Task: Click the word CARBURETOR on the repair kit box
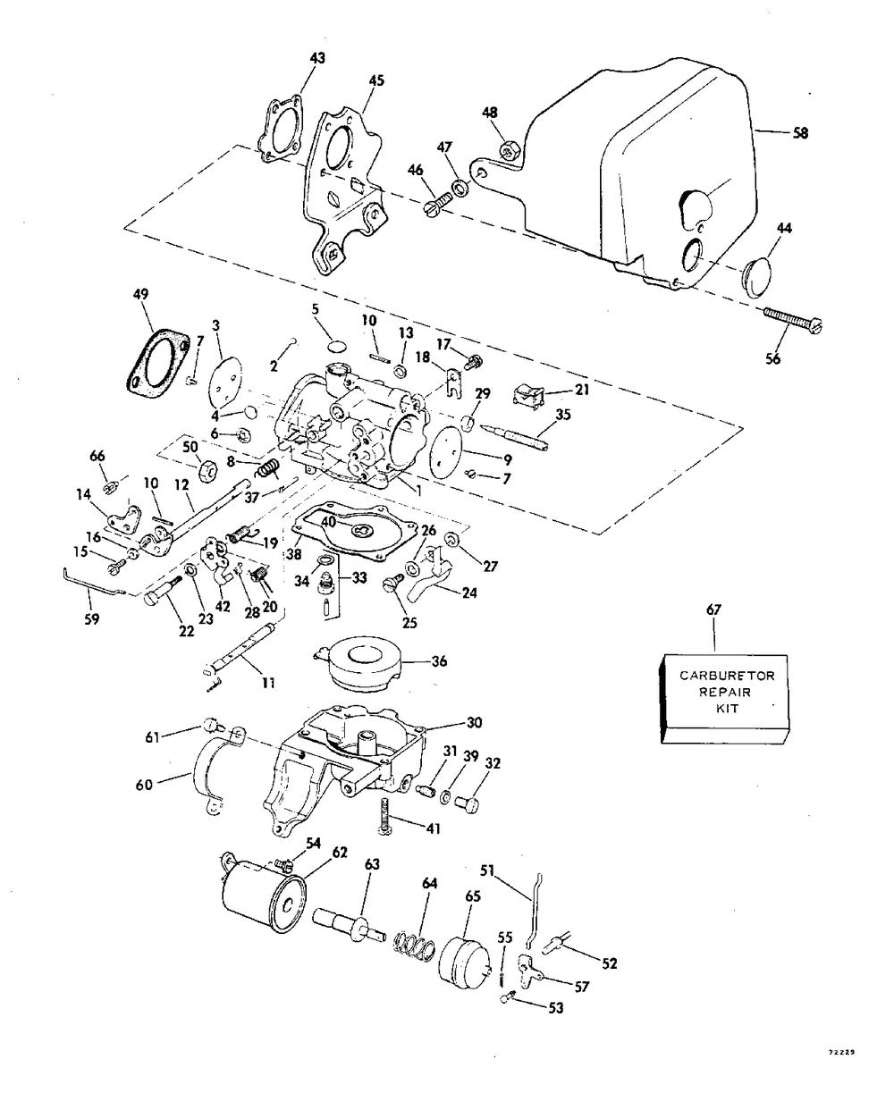coord(727,676)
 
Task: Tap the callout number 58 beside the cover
coord(801,133)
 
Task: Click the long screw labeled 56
coord(793,320)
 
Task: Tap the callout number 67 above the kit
coord(714,610)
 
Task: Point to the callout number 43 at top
coord(317,58)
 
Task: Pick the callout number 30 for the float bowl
coord(475,722)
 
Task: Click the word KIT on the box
coord(727,709)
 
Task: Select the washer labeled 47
coord(460,187)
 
